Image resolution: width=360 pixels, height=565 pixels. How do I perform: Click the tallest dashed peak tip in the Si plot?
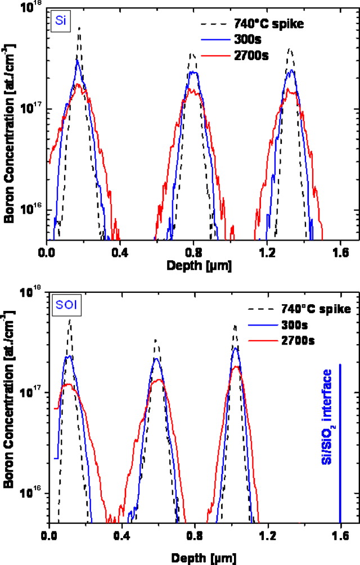point(79,26)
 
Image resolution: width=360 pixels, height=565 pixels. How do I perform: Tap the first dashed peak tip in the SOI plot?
point(70,318)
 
